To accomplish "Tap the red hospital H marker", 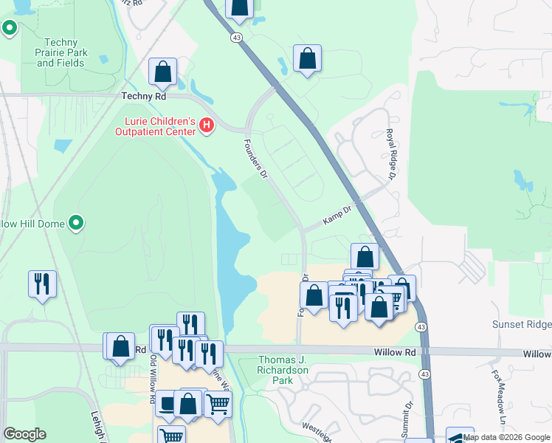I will [207, 126].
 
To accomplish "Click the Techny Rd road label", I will [145, 96].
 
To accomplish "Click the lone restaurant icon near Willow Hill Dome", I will [42, 283].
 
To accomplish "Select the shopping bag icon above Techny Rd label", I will [163, 72].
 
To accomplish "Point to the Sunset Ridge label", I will [521, 325].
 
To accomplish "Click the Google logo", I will [24, 434].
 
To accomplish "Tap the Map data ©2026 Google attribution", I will [506, 437].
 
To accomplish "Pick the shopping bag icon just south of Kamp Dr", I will [365, 256].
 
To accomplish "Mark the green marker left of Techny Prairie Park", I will [10, 28].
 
